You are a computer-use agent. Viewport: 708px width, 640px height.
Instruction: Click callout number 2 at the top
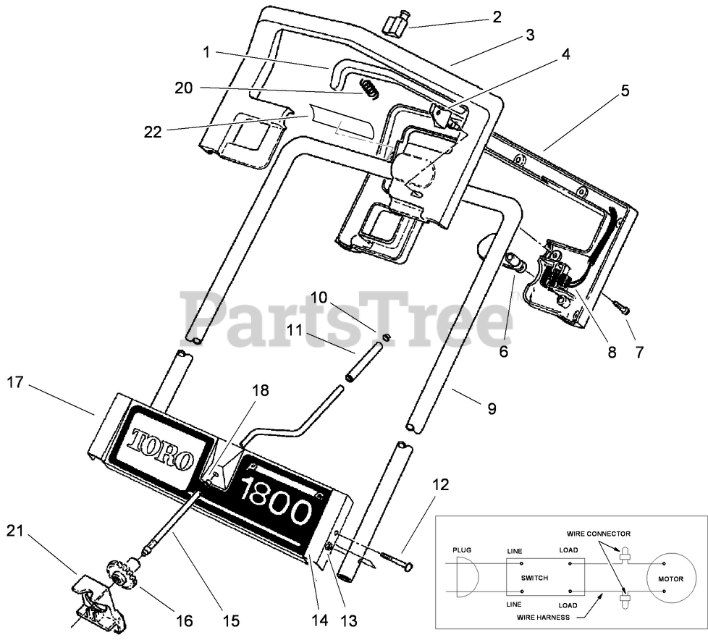pyautogui.click(x=497, y=17)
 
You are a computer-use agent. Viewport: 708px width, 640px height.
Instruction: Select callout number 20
pyautogui.click(x=183, y=88)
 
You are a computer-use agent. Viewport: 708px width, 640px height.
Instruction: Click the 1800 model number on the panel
pyautogui.click(x=277, y=500)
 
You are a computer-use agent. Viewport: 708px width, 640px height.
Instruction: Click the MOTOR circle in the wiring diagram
pyautogui.click(x=670, y=579)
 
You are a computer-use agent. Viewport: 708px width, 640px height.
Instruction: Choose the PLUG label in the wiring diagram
pyautogui.click(x=461, y=550)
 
